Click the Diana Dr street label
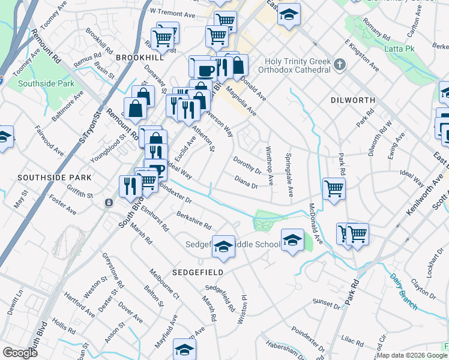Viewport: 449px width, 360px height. coord(246,182)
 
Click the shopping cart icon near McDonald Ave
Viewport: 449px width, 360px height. coord(334,188)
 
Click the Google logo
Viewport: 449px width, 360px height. coord(20,352)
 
